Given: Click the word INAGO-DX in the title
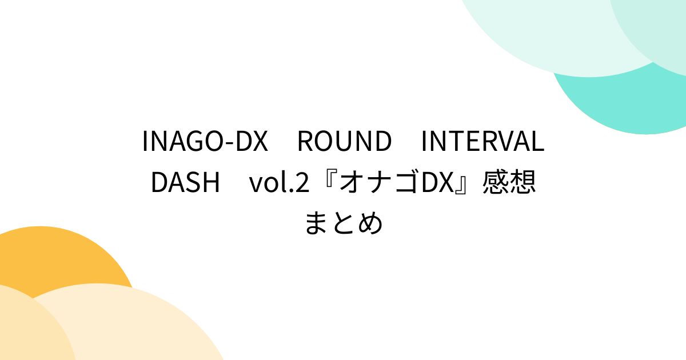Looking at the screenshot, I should (205, 142).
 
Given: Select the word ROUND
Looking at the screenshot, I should (344, 142).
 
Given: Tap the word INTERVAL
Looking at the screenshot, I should (482, 142).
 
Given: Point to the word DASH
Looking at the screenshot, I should (185, 183).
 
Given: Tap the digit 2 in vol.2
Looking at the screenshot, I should (302, 183).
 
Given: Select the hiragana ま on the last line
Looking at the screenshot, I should (317, 223).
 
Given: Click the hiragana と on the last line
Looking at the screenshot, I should (343, 223).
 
